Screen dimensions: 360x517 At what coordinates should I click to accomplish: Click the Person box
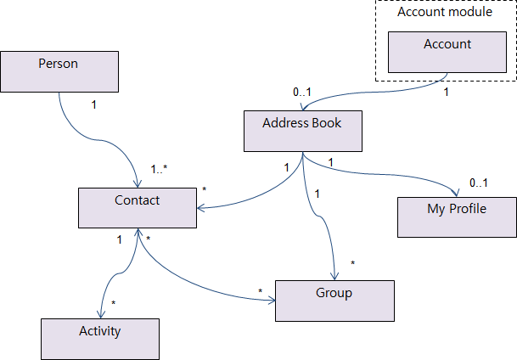(x=59, y=71)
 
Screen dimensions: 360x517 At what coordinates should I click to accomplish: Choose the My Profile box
(x=457, y=217)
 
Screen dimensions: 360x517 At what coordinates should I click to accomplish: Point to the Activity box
(x=100, y=339)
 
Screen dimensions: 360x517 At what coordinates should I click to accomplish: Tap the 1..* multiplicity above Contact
(x=159, y=168)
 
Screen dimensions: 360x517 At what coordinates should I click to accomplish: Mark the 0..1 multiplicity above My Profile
(x=478, y=183)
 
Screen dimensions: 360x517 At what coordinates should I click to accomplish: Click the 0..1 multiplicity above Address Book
(x=303, y=91)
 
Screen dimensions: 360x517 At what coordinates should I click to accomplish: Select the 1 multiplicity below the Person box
(x=93, y=104)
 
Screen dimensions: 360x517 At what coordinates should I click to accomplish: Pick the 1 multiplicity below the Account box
(x=447, y=92)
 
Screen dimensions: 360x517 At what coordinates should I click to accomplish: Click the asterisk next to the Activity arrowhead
(x=114, y=302)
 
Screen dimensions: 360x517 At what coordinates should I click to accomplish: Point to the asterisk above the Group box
(x=352, y=263)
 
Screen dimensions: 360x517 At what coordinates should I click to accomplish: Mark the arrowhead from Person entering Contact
(x=138, y=183)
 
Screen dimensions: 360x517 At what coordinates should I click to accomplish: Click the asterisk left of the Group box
(x=261, y=292)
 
